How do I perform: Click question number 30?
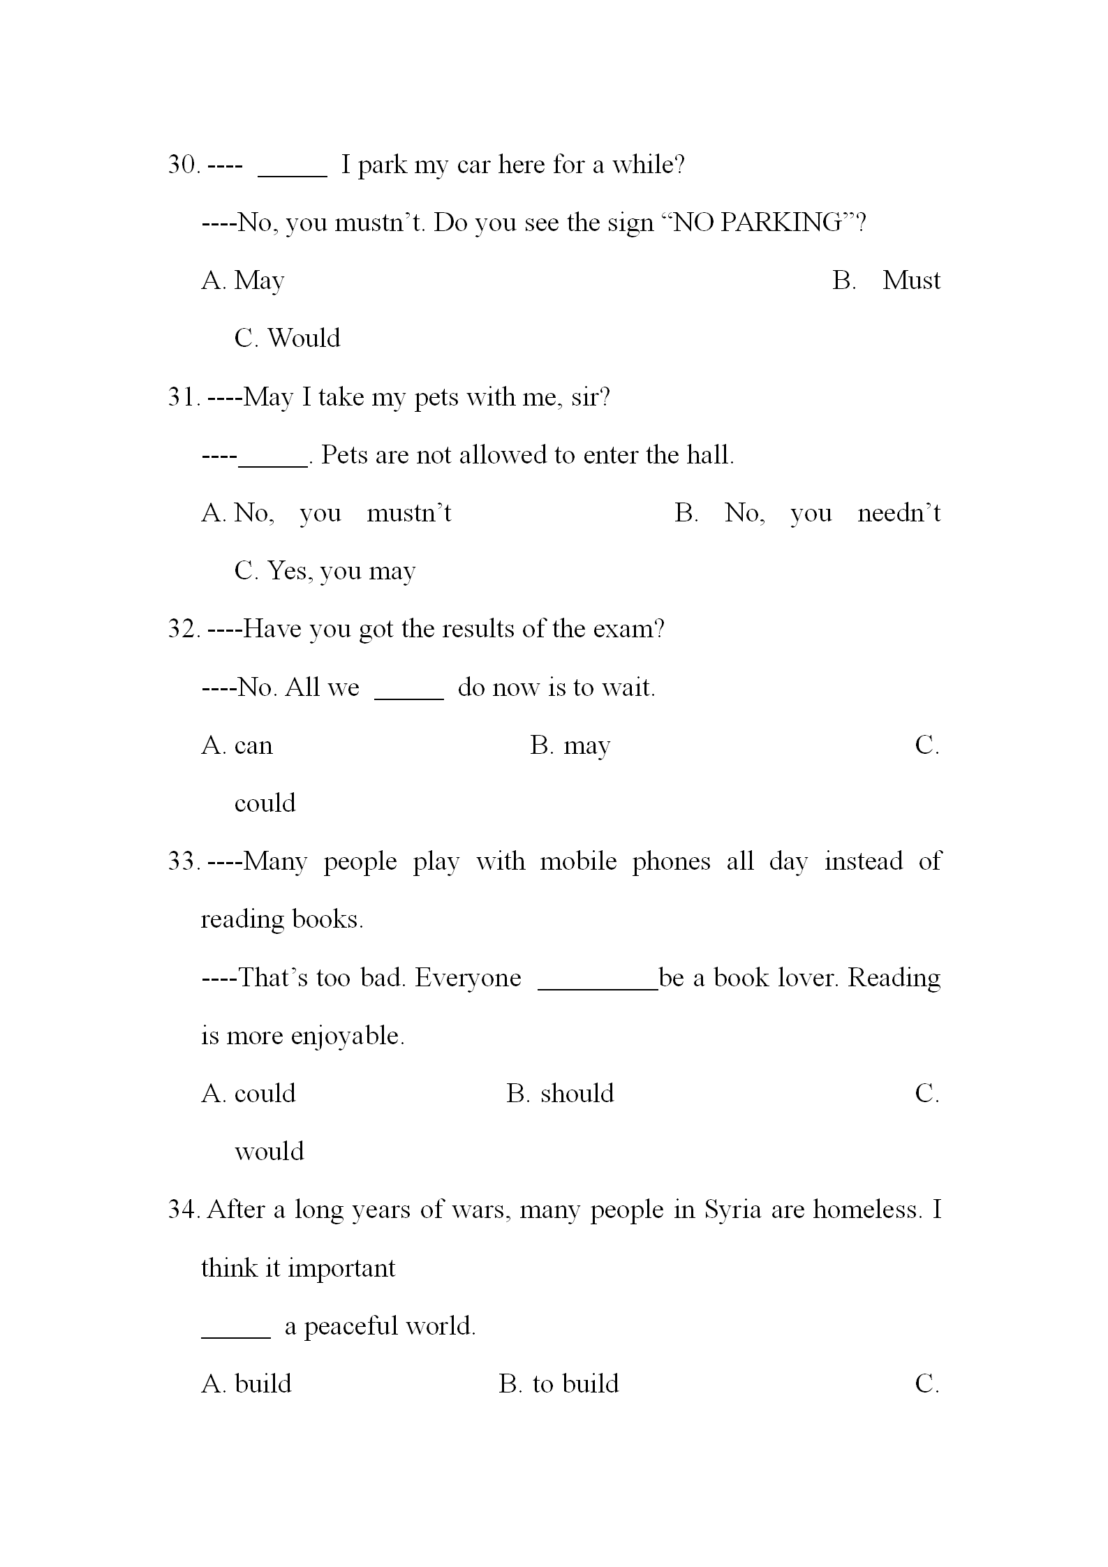[x=184, y=165]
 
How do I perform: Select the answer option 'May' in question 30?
[x=259, y=281]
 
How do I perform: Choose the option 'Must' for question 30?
[x=910, y=281]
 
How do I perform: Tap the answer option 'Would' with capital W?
[x=304, y=339]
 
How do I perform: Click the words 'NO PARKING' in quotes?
[x=757, y=223]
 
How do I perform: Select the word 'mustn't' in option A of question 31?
[x=409, y=514]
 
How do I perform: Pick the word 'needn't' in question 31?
[x=899, y=514]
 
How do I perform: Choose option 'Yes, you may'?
[x=341, y=572]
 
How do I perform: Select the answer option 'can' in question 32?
[x=253, y=746]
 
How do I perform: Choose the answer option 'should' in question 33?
[x=577, y=1094]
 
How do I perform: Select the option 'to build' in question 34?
[x=575, y=1384]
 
